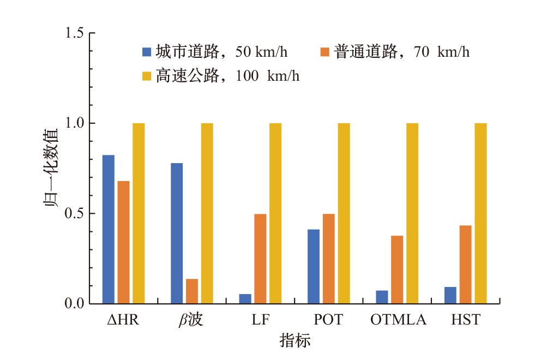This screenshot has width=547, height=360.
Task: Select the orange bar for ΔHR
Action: point(124,242)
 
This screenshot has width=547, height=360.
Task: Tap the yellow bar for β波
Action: point(207,213)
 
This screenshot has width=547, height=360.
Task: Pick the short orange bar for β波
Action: point(192,291)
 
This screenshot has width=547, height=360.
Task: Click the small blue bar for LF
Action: point(245,299)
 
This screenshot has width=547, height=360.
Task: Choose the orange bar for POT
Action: point(329,259)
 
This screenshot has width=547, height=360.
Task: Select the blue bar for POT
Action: point(314,266)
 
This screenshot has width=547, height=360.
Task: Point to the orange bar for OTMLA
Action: point(397,269)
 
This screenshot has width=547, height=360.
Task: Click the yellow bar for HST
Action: point(480,213)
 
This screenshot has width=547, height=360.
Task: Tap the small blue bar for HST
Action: point(450,295)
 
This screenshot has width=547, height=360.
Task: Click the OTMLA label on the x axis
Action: point(398,320)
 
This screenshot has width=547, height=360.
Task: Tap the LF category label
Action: point(261,320)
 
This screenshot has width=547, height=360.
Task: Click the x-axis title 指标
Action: point(295,341)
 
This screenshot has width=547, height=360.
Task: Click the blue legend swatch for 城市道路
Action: point(146,52)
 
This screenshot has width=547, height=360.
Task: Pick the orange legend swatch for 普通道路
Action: point(325,52)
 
